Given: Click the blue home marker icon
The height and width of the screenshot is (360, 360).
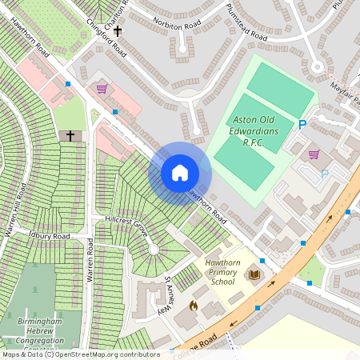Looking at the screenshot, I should click(x=180, y=173).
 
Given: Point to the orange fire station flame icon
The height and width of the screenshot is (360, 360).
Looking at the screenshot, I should click(x=193, y=305).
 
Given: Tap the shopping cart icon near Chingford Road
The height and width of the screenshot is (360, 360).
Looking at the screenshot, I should click(x=102, y=89).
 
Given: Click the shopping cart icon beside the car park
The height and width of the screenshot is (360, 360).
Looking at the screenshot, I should click(x=314, y=154).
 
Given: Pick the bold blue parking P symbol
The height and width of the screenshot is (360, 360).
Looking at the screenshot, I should click(x=302, y=125).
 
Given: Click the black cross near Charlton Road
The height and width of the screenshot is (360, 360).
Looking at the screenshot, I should click(x=118, y=31).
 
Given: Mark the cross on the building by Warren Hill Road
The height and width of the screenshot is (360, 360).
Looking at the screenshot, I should click(x=70, y=136).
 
